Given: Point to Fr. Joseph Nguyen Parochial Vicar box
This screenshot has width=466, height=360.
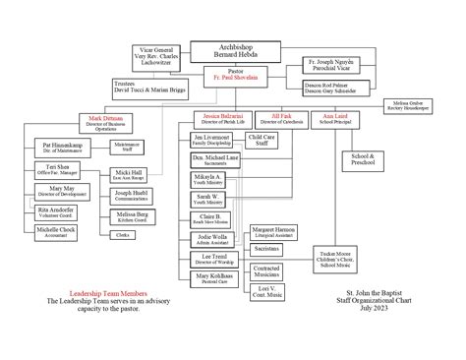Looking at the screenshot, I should tap(325, 66).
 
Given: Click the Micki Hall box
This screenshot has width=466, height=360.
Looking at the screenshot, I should tap(132, 173).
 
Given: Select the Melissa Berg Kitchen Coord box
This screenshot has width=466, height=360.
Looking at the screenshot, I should tap(132, 216).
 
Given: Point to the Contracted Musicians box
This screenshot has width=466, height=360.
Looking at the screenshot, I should tap(266, 270).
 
